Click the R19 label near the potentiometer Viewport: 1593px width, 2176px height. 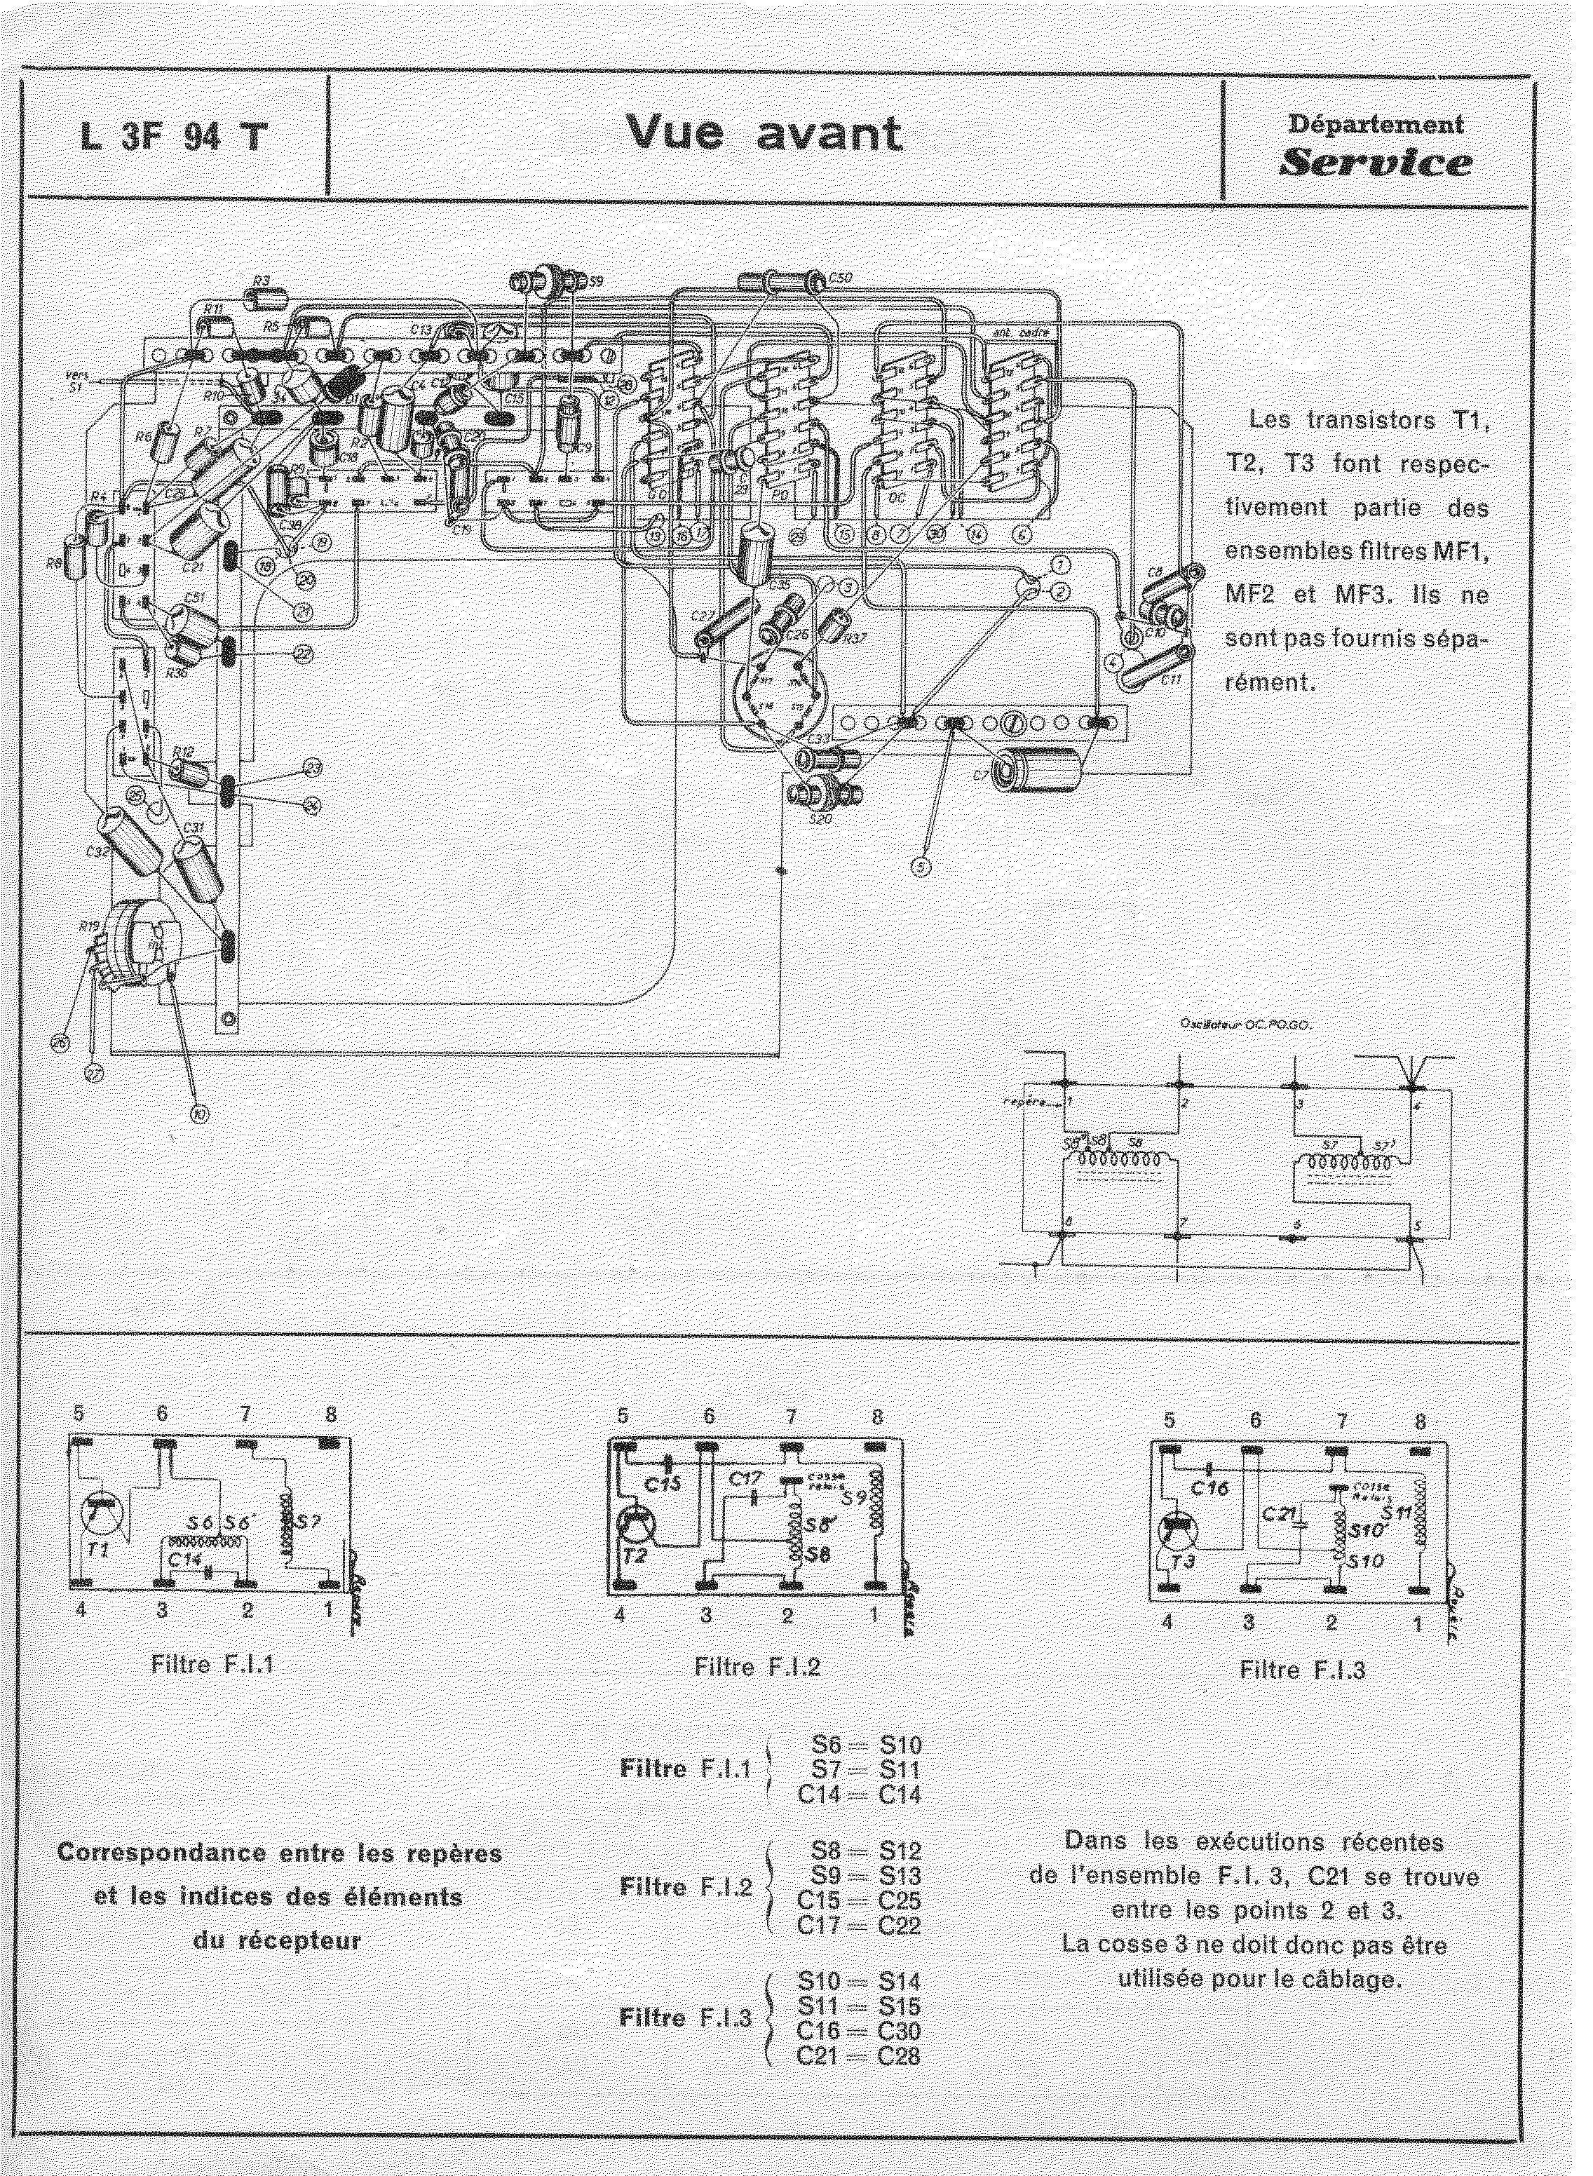point(90,927)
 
